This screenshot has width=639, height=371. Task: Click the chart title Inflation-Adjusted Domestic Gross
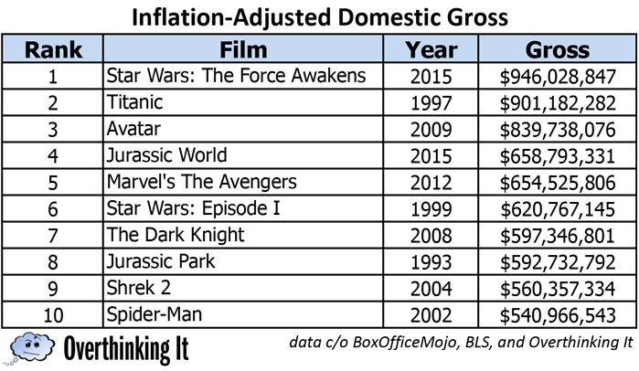coord(319,16)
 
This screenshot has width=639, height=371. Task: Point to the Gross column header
coord(558,48)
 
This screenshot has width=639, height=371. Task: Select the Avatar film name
coord(134,129)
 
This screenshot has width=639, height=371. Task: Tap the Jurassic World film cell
coord(166,155)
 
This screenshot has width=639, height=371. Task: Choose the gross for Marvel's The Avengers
coord(559,182)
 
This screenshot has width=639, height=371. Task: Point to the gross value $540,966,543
coord(559,314)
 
